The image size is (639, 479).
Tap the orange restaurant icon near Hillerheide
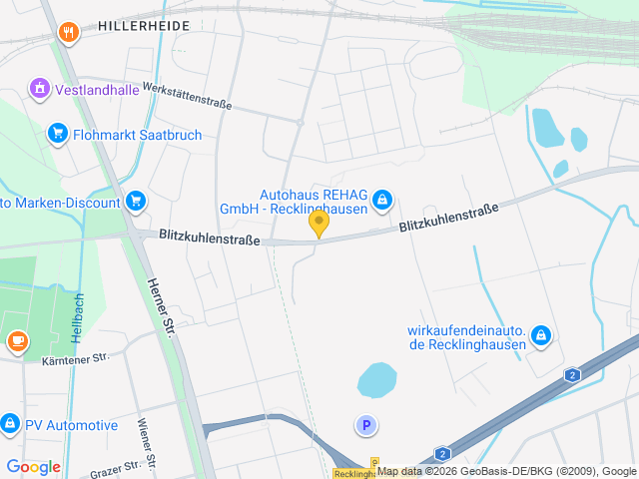pyautogui.click(x=69, y=32)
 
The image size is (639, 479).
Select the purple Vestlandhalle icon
pyautogui.click(x=39, y=88)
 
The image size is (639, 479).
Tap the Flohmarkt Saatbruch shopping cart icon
pyautogui.click(x=57, y=133)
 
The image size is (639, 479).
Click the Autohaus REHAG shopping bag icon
pyautogui.click(x=381, y=202)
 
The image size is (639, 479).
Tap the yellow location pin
pyautogui.click(x=319, y=224)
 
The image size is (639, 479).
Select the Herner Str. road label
pyautogui.click(x=159, y=304)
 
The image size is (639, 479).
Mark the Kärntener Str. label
pyautogui.click(x=75, y=359)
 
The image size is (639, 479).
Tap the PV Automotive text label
pyautogui.click(x=72, y=425)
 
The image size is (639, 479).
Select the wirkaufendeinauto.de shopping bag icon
pyautogui.click(x=540, y=335)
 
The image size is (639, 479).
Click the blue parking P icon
pyautogui.click(x=366, y=426)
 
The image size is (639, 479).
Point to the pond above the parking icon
pyautogui.click(x=377, y=379)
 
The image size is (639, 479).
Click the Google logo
pyautogui.click(x=33, y=466)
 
